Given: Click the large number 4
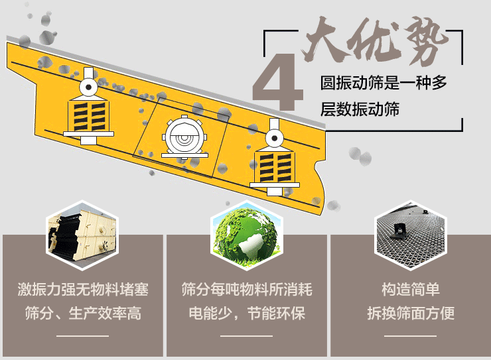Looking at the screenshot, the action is point(279,82).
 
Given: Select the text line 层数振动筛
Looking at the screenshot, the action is point(360,109).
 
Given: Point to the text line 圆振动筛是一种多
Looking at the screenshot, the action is point(384,83).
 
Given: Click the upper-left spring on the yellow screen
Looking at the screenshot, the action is point(89,115).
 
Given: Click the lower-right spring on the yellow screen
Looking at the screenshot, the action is point(275,166).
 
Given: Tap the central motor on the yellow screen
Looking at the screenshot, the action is point(184,137).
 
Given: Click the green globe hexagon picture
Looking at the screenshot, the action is point(246,235).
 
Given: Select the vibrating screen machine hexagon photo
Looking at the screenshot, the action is point(83,235).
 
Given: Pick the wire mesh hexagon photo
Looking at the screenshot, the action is point(411,235).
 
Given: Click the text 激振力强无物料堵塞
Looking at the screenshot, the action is point(83,289).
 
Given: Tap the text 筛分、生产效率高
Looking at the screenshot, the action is point(83,314).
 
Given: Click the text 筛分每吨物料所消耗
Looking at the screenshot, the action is point(247,289).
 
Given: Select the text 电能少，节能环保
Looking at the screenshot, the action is point(247,314).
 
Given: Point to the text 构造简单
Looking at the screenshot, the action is point(411,289).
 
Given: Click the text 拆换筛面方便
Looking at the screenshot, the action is point(411,314).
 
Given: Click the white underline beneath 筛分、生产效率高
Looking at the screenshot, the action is point(83,336).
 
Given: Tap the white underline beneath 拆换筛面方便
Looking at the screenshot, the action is point(411,336).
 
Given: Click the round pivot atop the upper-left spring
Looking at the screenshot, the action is point(89,87).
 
